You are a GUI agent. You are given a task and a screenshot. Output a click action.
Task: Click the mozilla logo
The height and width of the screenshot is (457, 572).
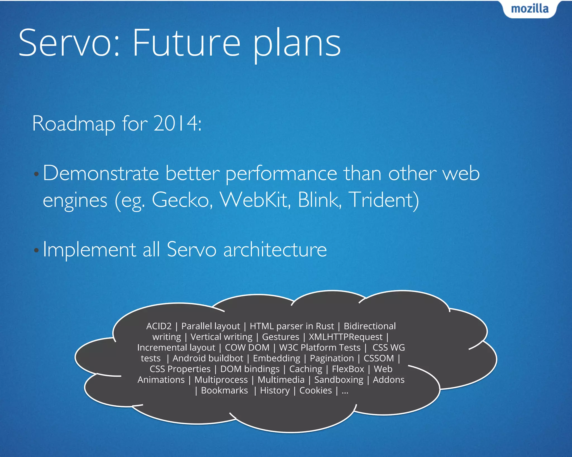pos(530,9)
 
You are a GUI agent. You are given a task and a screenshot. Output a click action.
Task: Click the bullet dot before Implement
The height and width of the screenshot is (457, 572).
pos(36,250)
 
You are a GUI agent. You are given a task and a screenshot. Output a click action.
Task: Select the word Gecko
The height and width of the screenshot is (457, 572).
pos(182,200)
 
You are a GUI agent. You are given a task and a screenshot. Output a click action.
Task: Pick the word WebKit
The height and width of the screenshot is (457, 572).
pos(255,200)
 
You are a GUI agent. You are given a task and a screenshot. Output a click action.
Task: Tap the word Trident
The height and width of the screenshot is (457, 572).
pos(384,200)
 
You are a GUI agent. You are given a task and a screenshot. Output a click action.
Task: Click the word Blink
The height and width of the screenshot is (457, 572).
pos(319,200)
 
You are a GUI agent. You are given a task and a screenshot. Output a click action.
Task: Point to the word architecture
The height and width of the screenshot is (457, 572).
pos(275,249)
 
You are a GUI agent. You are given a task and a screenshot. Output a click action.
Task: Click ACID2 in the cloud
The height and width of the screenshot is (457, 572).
pos(159,326)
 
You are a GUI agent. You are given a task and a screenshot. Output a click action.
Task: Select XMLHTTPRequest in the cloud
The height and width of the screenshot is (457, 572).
pos(345,337)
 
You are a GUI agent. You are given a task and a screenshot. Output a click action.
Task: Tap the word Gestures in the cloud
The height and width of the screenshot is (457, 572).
pos(280,337)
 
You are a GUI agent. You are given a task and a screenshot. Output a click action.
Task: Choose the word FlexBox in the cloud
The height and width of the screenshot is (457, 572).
pos(348,369)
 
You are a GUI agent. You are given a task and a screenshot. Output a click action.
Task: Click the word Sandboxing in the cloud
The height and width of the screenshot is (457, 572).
pos(339,380)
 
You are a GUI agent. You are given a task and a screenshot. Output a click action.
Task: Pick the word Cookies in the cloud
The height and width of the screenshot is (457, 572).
pos(316,391)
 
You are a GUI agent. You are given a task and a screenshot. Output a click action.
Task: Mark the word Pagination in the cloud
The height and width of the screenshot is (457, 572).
pos(332,359)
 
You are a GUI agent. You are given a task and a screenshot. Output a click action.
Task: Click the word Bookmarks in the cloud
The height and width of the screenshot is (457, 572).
pos(224,391)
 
